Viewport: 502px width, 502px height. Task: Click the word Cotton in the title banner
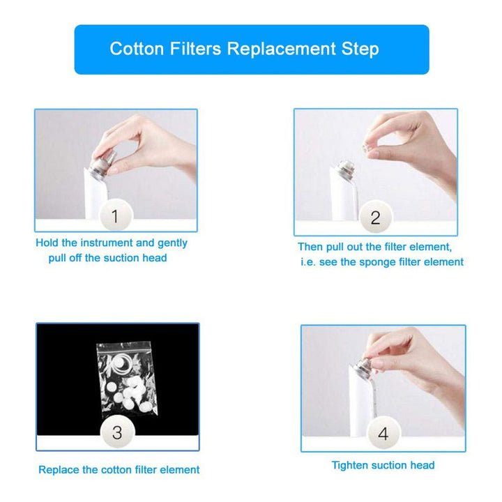click(x=137, y=49)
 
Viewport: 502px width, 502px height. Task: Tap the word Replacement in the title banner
click(x=282, y=49)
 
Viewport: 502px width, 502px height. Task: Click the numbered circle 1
click(x=116, y=215)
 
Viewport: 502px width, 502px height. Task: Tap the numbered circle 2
click(x=375, y=217)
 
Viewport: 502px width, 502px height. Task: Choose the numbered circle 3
click(x=118, y=432)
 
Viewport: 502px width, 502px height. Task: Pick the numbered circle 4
click(x=383, y=433)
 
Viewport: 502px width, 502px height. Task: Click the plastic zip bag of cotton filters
click(x=127, y=379)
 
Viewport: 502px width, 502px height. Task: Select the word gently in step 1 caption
click(x=172, y=243)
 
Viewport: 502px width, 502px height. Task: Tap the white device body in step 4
click(x=360, y=404)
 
